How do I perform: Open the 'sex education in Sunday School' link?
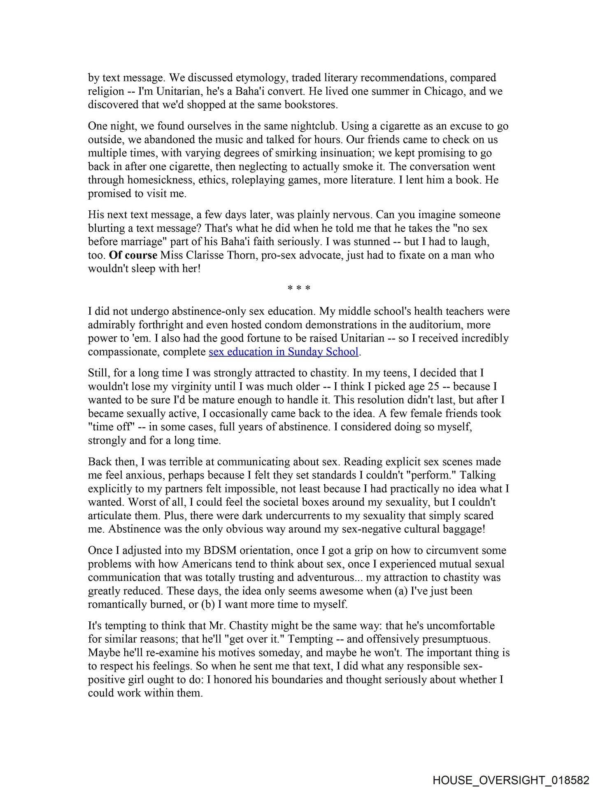click(284, 352)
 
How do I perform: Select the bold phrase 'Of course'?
click(133, 255)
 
